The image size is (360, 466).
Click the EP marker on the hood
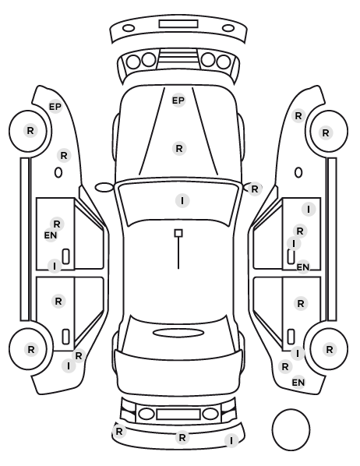coord(178,101)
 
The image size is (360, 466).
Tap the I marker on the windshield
coord(182,200)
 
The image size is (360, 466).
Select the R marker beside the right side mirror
coord(255,189)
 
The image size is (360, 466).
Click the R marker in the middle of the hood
coord(179,148)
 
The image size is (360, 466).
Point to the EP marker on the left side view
coord(55,107)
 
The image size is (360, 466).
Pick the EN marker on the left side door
coord(51,235)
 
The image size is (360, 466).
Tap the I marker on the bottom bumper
coord(231,440)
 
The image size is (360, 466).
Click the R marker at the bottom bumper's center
coord(182,437)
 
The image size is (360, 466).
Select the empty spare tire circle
coord(291,429)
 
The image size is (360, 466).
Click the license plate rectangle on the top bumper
coord(178,24)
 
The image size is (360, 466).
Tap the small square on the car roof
coord(178,233)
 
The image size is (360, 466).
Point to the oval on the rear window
coord(178,333)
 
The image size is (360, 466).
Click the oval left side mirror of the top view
coord(104,188)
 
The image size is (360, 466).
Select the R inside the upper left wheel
coord(30,130)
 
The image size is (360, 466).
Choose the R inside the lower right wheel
coord(329,349)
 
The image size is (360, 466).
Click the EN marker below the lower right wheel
coord(298,382)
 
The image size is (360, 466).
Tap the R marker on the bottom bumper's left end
coord(119,431)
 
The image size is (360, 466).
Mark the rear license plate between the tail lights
coord(178,414)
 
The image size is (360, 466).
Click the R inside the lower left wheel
coord(31,350)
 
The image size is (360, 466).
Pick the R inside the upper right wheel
coord(326,132)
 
